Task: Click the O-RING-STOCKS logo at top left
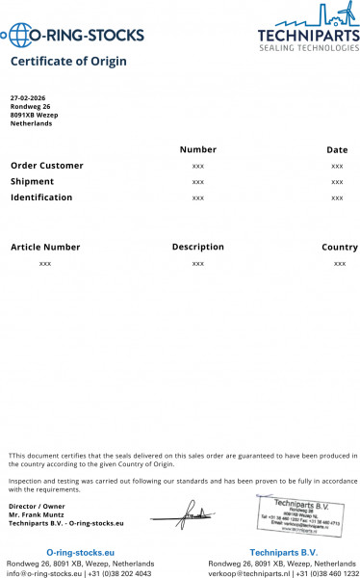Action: [x=74, y=37]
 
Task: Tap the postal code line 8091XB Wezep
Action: [x=35, y=116]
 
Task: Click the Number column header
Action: [x=197, y=149]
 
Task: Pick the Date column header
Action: [x=337, y=149]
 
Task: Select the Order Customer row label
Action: [x=46, y=166]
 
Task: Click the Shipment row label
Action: [x=32, y=181]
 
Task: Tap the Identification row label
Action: [x=41, y=197]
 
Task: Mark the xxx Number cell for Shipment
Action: [x=197, y=182]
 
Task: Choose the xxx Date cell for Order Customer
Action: [x=337, y=166]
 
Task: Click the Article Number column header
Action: [x=45, y=248]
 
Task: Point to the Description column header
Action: [x=197, y=247]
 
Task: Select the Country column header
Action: [x=339, y=248]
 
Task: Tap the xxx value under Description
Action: [x=197, y=263]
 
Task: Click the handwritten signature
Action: [x=193, y=515]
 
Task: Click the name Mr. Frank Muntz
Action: [x=37, y=514]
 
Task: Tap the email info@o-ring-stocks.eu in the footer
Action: [x=45, y=573]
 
